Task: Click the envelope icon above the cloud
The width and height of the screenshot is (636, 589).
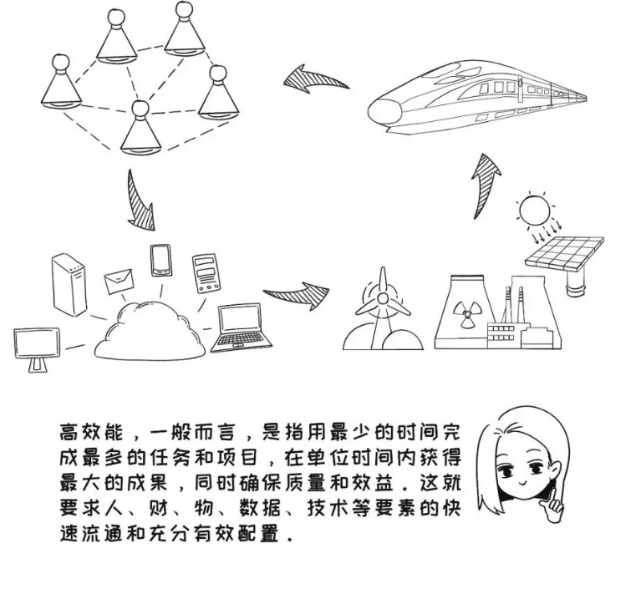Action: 120,282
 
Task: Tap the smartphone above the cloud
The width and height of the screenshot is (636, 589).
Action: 160,261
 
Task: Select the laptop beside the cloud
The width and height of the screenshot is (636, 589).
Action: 241,328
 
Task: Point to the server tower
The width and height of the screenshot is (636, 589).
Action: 69,285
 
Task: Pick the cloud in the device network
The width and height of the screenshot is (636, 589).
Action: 150,330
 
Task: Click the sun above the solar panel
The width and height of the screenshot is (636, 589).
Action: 536,211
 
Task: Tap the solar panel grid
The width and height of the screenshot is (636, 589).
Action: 565,252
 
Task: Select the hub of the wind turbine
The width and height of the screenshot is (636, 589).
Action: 382,299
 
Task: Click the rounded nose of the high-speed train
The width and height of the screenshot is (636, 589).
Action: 385,109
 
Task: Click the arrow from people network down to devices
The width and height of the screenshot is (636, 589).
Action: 139,201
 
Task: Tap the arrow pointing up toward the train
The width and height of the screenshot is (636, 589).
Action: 485,185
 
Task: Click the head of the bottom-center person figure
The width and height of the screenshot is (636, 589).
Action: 140,109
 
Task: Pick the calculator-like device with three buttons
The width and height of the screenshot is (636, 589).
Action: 206,273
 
